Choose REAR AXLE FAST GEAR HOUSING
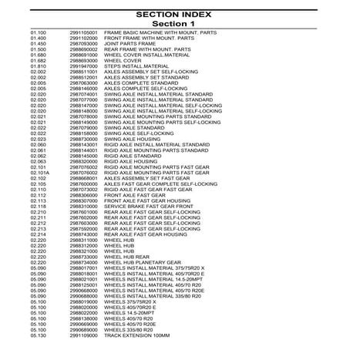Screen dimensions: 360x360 click(x=161, y=234)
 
